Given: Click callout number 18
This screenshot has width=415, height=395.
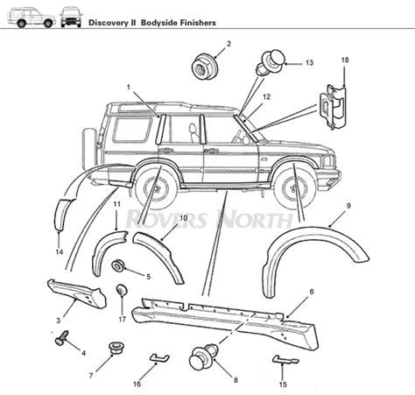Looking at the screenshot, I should (x=344, y=60).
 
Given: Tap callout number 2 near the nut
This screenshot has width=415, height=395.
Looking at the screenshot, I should (x=229, y=44).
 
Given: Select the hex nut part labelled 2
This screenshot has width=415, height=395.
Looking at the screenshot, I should (x=204, y=65).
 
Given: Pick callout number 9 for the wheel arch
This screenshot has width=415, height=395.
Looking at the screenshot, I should (x=348, y=205).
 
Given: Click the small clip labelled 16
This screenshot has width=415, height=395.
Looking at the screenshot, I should (x=154, y=356).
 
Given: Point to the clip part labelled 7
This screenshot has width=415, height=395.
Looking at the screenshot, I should (x=113, y=351).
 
